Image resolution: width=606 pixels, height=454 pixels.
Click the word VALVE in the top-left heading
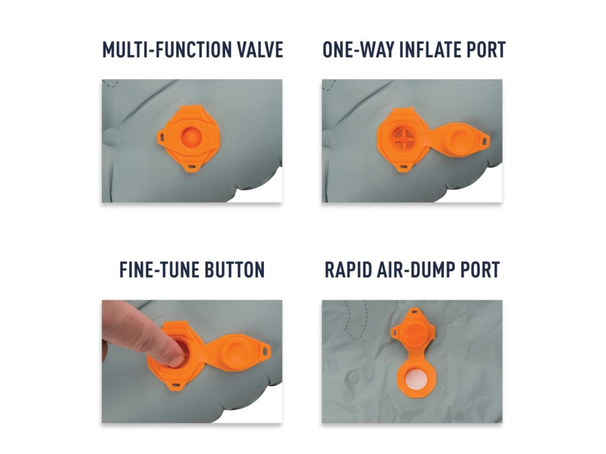coord(260,50)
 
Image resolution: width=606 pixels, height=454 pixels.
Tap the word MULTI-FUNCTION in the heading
coord(166,50)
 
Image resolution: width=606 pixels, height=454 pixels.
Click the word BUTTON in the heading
coord(234,270)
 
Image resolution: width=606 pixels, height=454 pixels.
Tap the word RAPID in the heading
coord(347,270)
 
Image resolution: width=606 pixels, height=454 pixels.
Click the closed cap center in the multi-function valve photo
coord(191,137)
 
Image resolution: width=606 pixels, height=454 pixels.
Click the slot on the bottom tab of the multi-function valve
coord(192,167)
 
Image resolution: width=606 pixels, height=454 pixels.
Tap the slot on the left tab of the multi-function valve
coord(162,137)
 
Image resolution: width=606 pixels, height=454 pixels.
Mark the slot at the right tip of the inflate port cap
coord(484,141)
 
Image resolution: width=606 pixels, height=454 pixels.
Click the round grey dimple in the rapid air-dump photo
coord(354,377)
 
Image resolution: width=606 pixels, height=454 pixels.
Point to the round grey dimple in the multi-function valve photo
coord(111,137)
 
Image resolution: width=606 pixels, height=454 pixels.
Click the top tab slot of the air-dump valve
coord(414,311)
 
